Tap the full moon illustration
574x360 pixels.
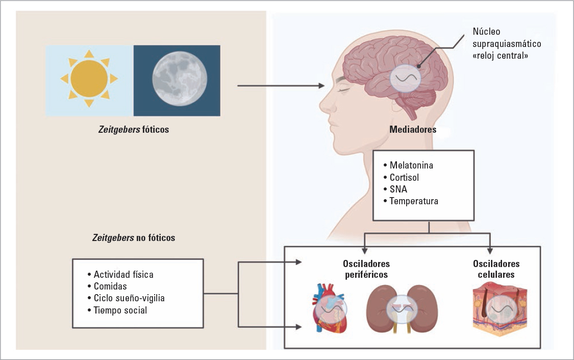pos(177,80)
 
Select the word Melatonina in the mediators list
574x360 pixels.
pos(411,165)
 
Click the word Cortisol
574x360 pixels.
pos(405,177)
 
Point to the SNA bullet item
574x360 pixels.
pos(398,189)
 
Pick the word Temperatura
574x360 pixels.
pos(414,201)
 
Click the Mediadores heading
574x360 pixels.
pos(412,130)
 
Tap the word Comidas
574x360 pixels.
pos(110,286)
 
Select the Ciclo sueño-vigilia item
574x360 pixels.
pos(129,298)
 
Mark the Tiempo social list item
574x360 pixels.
pos(120,310)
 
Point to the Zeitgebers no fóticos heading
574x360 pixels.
pos(133,238)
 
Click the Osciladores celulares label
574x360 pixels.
pos(496,269)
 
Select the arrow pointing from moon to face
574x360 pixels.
pos(281,86)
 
